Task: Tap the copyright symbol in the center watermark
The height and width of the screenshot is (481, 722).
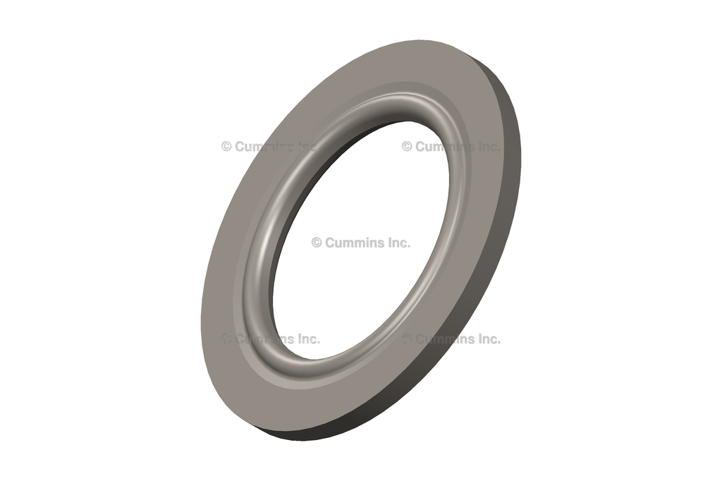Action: (x=317, y=243)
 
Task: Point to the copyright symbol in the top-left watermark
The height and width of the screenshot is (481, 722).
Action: (x=226, y=147)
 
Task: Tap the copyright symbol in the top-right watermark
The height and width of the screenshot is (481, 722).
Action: (x=407, y=147)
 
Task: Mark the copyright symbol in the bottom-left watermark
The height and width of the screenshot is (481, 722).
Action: (x=226, y=339)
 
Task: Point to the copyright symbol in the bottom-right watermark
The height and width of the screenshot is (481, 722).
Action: (x=407, y=339)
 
